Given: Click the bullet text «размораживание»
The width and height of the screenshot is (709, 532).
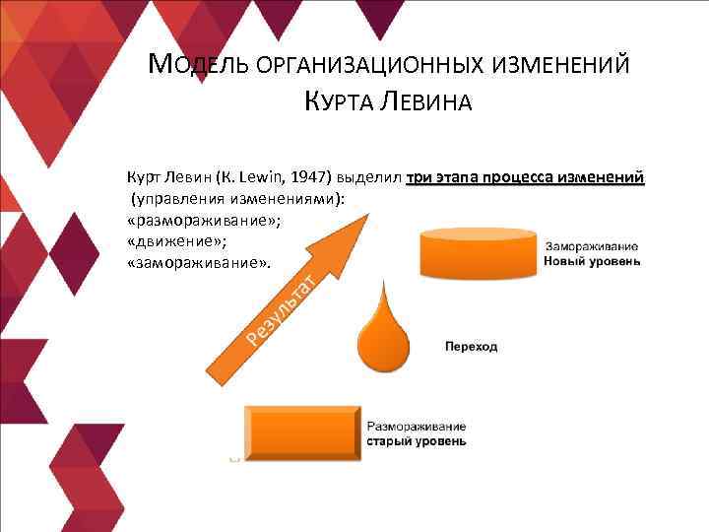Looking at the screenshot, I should click(x=202, y=220).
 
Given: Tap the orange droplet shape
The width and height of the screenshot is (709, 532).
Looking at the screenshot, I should click(x=380, y=331).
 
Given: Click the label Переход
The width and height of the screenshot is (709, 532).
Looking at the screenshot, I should click(x=471, y=347).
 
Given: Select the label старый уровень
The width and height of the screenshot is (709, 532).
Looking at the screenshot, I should click(x=417, y=441).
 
